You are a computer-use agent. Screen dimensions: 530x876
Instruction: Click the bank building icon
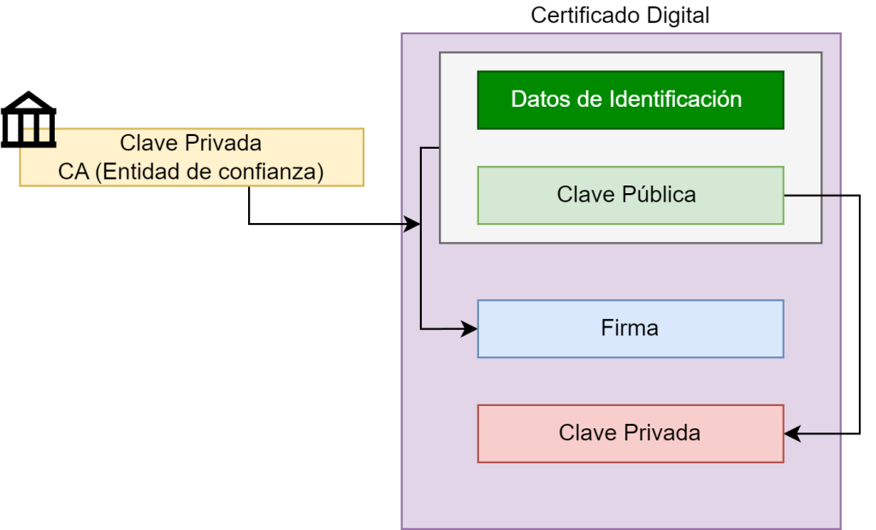28,119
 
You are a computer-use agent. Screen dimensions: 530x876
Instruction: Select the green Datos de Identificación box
630,100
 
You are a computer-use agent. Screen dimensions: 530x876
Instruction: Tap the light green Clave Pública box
630,195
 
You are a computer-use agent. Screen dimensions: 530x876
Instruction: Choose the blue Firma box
630,328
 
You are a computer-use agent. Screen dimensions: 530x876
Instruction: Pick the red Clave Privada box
630,433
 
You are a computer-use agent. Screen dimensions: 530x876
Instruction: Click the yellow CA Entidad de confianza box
192,157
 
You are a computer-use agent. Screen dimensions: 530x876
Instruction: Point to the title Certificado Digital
620,15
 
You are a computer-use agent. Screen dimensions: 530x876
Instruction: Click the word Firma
630,328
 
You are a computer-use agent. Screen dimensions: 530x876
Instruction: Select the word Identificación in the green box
675,99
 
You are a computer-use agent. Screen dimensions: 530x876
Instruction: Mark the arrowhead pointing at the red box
791,434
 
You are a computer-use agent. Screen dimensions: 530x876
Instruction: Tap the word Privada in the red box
662,433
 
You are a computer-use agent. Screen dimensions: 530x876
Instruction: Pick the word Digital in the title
680,15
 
